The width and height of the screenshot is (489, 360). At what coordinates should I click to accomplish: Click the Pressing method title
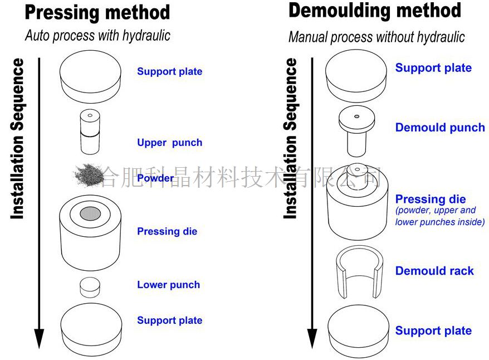[97, 12]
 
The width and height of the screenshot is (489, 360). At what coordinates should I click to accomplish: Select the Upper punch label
[169, 143]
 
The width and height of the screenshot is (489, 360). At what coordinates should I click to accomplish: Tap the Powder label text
[155, 178]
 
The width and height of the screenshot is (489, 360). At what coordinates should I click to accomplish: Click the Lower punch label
[168, 285]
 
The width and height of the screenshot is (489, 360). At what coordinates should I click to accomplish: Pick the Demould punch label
[440, 128]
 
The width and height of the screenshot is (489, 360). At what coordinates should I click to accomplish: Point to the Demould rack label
[434, 271]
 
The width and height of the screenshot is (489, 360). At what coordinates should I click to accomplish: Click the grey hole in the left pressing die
[90, 213]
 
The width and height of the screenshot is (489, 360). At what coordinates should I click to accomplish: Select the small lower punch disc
[89, 287]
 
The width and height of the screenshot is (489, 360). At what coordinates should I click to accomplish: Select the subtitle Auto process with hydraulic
[97, 36]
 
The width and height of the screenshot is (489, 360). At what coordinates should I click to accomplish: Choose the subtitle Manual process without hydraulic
[376, 37]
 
